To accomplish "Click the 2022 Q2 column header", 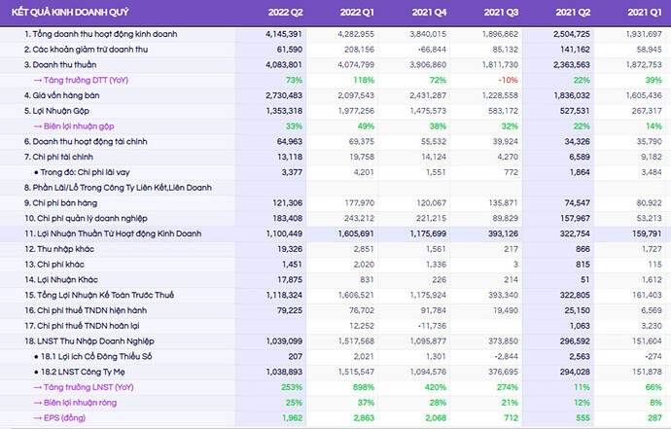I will (286, 12).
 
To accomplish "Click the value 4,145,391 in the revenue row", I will (283, 33).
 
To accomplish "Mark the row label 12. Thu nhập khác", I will (64, 250).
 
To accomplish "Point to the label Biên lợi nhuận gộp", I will (82, 125).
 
